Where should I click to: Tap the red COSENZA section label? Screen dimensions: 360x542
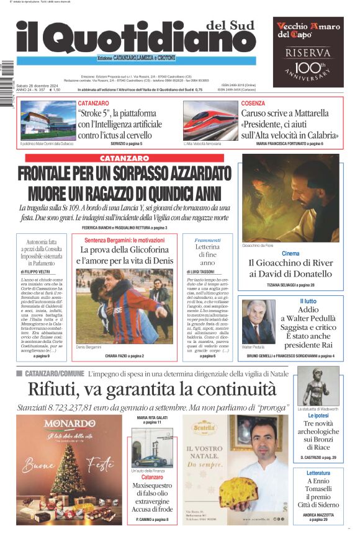click(x=253, y=103)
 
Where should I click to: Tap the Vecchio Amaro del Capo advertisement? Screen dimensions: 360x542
click(x=308, y=51)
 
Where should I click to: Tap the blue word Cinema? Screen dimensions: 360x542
click(x=290, y=253)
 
